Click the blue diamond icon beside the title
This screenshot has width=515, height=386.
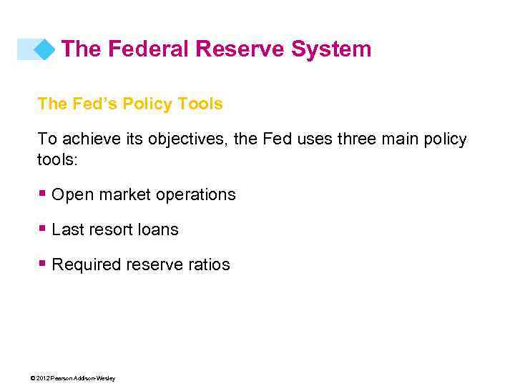click(44, 49)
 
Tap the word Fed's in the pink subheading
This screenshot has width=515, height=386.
click(95, 104)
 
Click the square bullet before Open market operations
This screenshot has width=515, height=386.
click(43, 193)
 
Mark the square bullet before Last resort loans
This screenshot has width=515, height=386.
click(43, 228)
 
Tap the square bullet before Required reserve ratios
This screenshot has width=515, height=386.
click(43, 263)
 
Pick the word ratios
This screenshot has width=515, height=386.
click(210, 264)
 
